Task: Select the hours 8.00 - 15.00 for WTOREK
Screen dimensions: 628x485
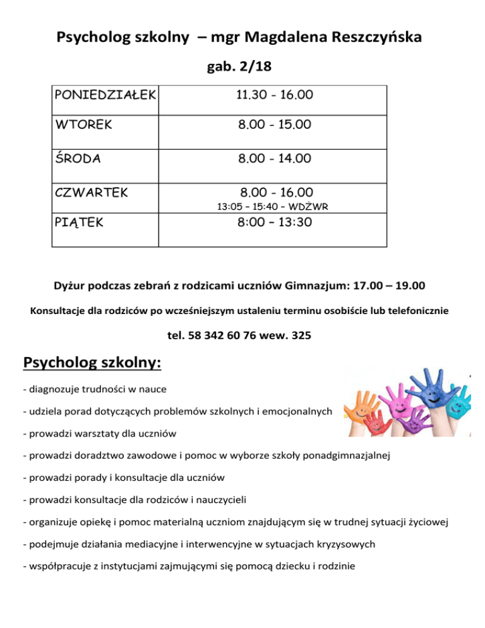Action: click(274, 125)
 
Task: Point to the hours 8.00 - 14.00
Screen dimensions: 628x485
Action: click(274, 159)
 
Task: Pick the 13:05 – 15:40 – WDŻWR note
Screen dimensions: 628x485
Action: click(272, 206)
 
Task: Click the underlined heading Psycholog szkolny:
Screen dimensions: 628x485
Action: click(92, 363)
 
